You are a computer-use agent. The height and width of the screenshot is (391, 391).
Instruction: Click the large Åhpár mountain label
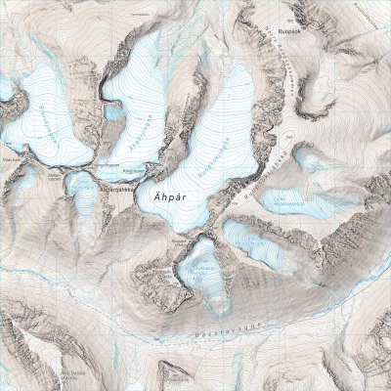(x=170, y=194)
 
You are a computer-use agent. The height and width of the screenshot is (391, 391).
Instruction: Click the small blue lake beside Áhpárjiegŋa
(x=113, y=112)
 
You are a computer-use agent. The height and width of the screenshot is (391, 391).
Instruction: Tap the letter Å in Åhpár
(x=156, y=194)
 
